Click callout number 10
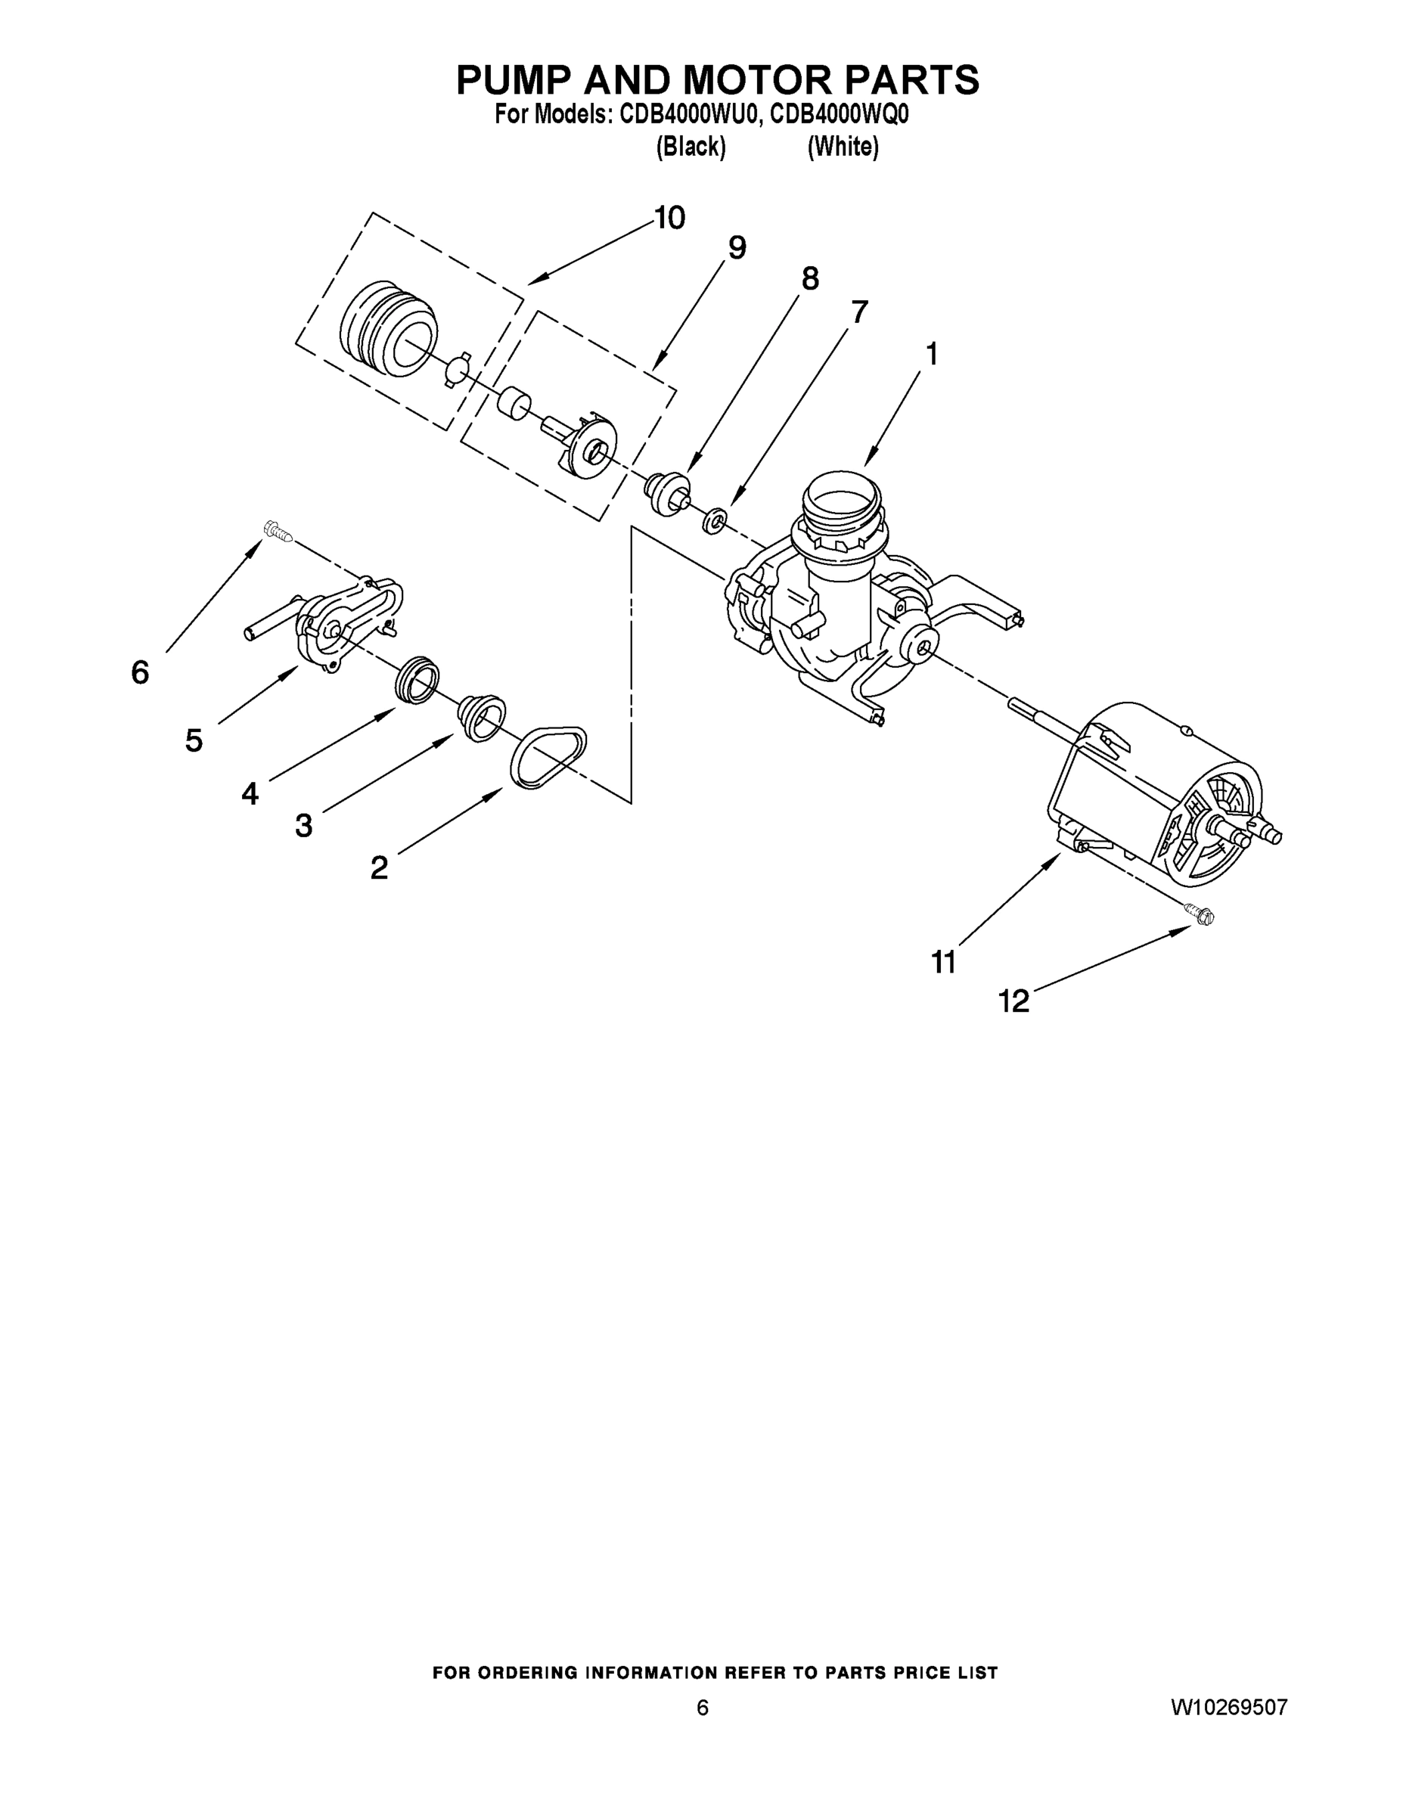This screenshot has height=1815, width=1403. click(x=670, y=218)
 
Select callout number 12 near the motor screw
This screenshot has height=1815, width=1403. click(x=1013, y=1001)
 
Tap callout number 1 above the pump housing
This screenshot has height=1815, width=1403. click(x=932, y=354)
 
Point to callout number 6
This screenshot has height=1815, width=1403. click(x=140, y=672)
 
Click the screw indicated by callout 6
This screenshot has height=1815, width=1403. click(x=276, y=530)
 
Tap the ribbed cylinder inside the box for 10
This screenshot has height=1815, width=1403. click(x=388, y=328)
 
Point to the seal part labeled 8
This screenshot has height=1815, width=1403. click(x=667, y=492)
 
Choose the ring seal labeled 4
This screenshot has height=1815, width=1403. click(x=417, y=678)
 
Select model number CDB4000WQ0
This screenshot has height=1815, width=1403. click(x=839, y=115)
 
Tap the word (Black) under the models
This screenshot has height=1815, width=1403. click(x=691, y=147)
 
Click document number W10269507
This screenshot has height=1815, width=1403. click(x=1229, y=1708)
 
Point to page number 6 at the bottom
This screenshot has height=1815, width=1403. click(x=703, y=1708)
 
